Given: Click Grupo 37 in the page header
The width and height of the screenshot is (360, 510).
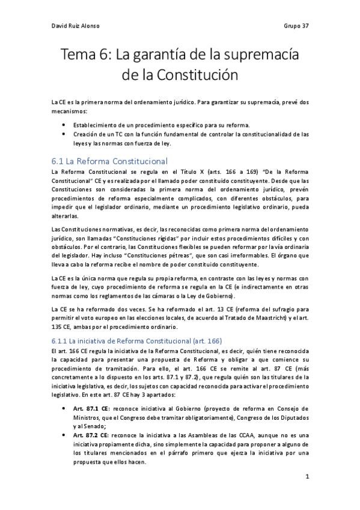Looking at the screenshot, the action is pos(296,26).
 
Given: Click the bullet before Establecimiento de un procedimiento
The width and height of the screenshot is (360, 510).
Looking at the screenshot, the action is pos(64,125).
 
